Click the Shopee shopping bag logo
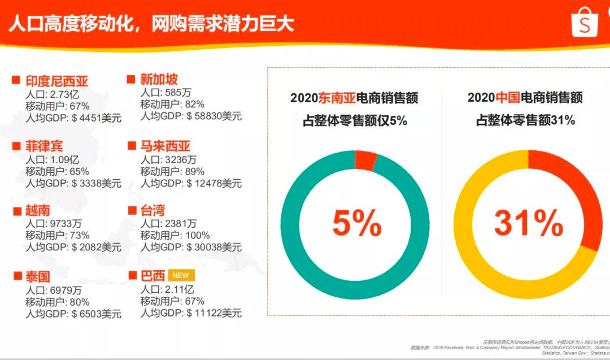point(585,23)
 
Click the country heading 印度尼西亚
point(57,80)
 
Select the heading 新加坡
point(159,79)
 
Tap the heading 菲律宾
point(45,146)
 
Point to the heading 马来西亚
point(165,146)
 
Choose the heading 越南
point(38,211)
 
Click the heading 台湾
point(152,210)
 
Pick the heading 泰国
point(38,276)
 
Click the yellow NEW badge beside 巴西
point(181,275)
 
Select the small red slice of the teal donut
point(365,161)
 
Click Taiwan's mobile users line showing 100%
point(175,235)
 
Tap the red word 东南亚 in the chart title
point(337,98)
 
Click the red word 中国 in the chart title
point(508,97)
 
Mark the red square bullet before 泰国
point(16,276)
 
